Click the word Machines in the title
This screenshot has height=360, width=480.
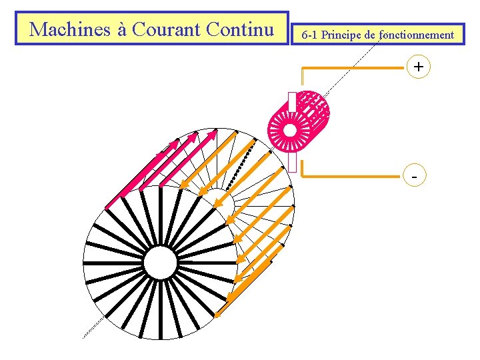[x=63, y=29]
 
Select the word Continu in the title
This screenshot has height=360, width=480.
[x=240, y=29]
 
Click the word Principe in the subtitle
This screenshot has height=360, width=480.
[x=343, y=35]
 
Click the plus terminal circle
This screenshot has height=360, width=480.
[x=418, y=67]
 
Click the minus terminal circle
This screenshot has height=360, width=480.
[x=416, y=177]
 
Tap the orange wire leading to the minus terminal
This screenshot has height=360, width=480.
[x=353, y=177]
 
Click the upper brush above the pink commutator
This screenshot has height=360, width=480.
[x=292, y=101]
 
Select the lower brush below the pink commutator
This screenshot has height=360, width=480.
[x=292, y=163]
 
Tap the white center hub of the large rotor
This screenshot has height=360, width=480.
[x=160, y=263]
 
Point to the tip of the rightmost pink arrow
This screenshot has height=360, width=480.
[x=216, y=131]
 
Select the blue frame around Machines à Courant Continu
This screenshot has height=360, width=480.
[x=151, y=12]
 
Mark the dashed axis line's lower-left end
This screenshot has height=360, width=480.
[x=83, y=337]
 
